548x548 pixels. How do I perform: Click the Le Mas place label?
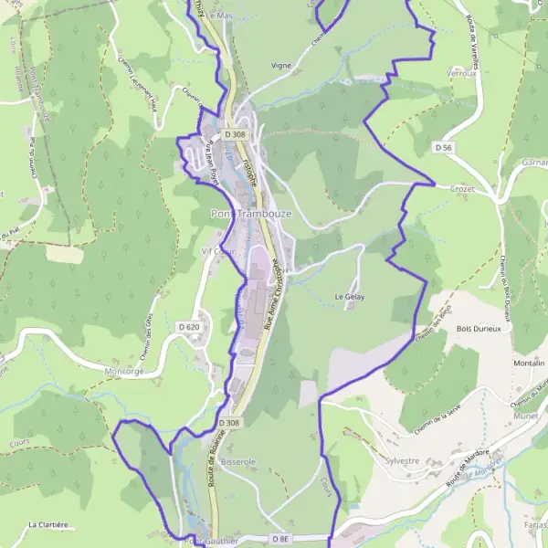pos(220,16)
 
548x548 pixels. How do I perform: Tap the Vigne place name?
pos(280,66)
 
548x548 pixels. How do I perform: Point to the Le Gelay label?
pos(349,297)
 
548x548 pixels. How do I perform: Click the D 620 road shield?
pos(188,326)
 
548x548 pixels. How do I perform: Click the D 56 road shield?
pos(444,147)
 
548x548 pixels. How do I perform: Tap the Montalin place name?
pos(529,363)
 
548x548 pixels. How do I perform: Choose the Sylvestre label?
pos(403,461)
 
